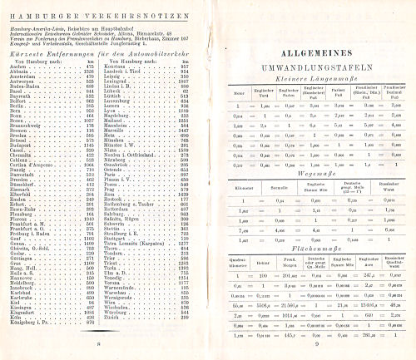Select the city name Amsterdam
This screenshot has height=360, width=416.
click(23, 78)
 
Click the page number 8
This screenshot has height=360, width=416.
click(98, 343)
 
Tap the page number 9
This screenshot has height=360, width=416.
click(317, 343)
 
